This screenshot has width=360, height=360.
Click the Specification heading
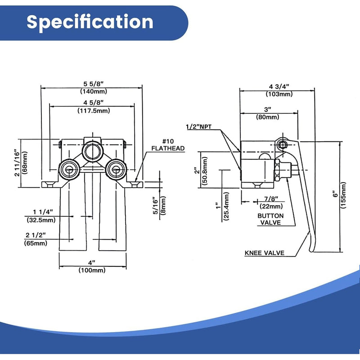tap(90, 22)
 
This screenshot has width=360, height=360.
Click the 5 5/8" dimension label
tap(92, 83)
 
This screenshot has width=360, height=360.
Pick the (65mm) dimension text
tap(36, 243)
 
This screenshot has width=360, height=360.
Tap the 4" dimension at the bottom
tap(92, 262)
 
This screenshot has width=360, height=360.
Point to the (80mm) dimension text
tap(267, 117)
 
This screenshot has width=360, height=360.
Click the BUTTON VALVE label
tap(270, 219)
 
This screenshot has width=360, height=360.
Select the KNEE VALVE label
tap(264, 253)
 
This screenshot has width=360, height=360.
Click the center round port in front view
tap(92, 149)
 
